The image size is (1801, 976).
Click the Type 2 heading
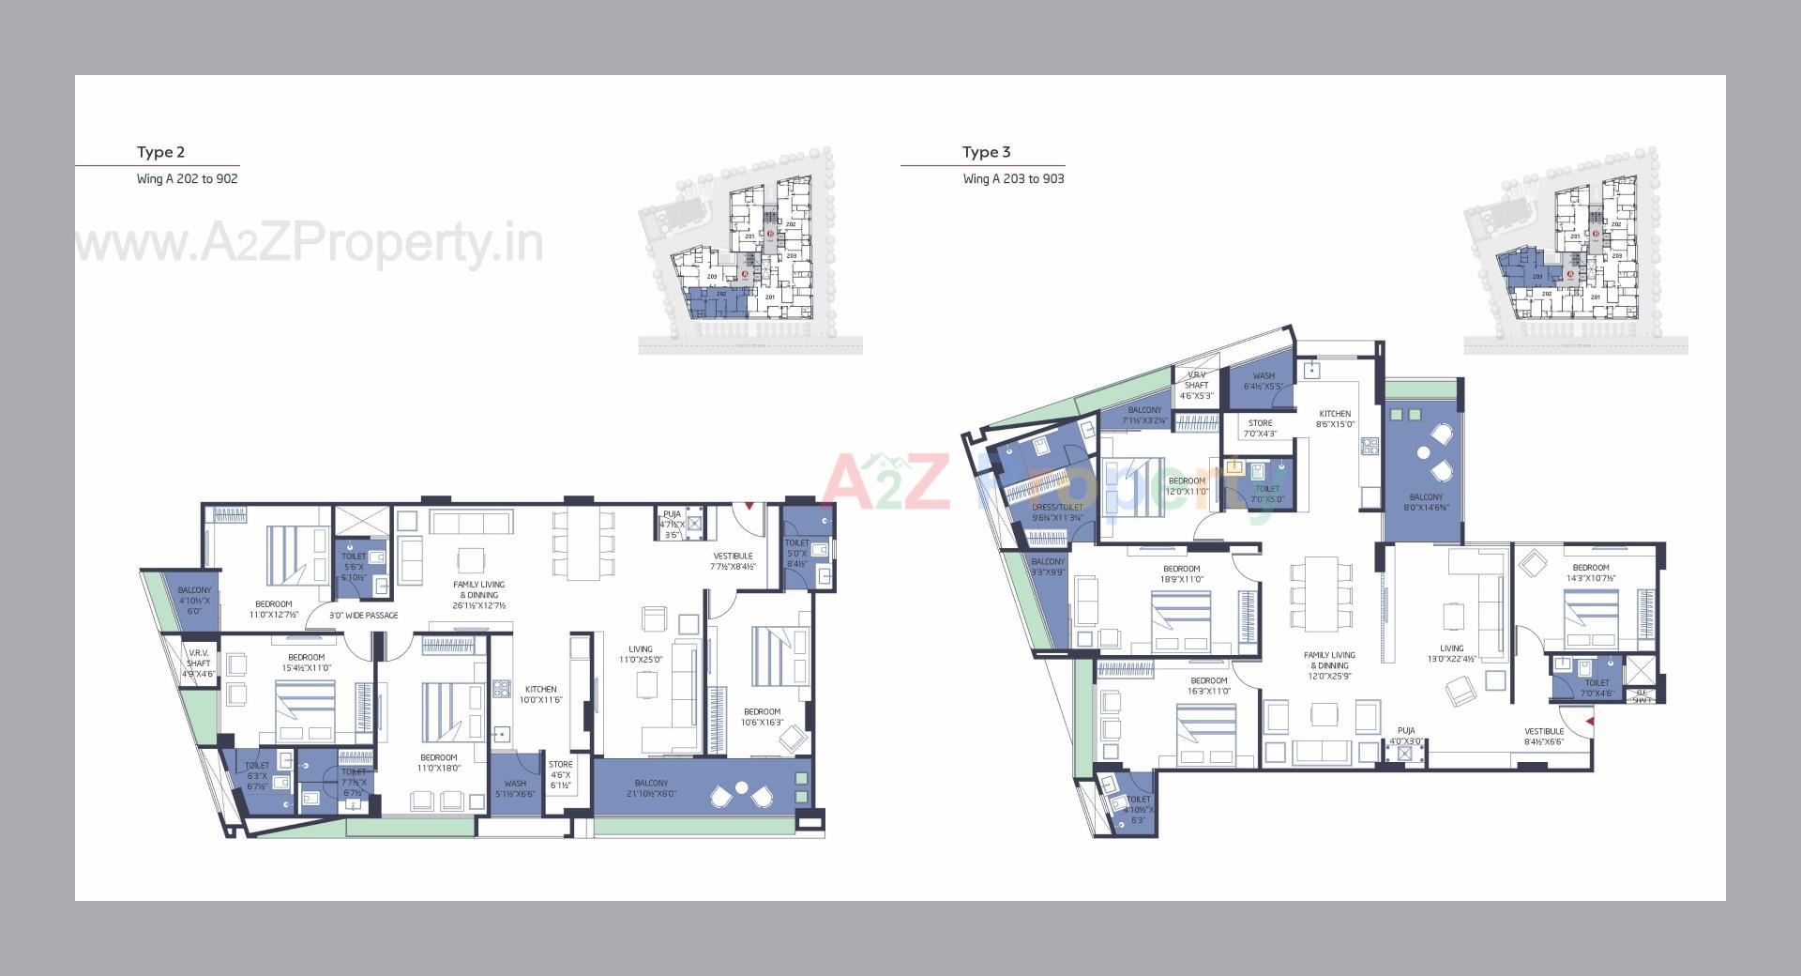click(160, 152)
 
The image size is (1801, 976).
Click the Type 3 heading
click(986, 152)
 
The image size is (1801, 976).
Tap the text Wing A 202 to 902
click(187, 178)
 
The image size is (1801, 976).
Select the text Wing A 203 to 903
click(1013, 178)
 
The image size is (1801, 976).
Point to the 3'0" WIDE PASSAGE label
click(363, 616)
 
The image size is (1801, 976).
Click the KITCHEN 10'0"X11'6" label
click(540, 694)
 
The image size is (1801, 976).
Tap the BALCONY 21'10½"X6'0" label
click(651, 788)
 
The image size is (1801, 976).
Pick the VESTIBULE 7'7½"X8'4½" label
click(733, 561)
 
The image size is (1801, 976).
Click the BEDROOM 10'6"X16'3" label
click(762, 717)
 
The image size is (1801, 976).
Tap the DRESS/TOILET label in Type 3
click(1057, 512)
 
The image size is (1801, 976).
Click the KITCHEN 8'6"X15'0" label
click(1335, 419)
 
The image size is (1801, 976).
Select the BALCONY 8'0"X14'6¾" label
click(1426, 502)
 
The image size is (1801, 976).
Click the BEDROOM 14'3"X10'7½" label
click(1591, 572)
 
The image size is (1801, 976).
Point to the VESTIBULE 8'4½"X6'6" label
click(1544, 737)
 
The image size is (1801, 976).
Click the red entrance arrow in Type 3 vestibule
click(1589, 721)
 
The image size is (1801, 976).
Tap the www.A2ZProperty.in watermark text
click(310, 244)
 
